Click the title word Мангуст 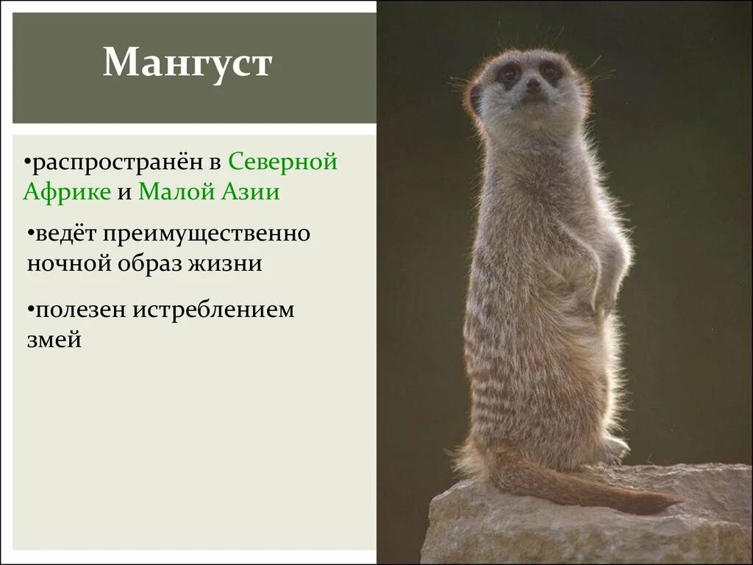(x=188, y=63)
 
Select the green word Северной (x=282, y=161)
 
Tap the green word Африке (x=67, y=193)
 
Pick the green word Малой (x=174, y=193)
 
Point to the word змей (x=53, y=340)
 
